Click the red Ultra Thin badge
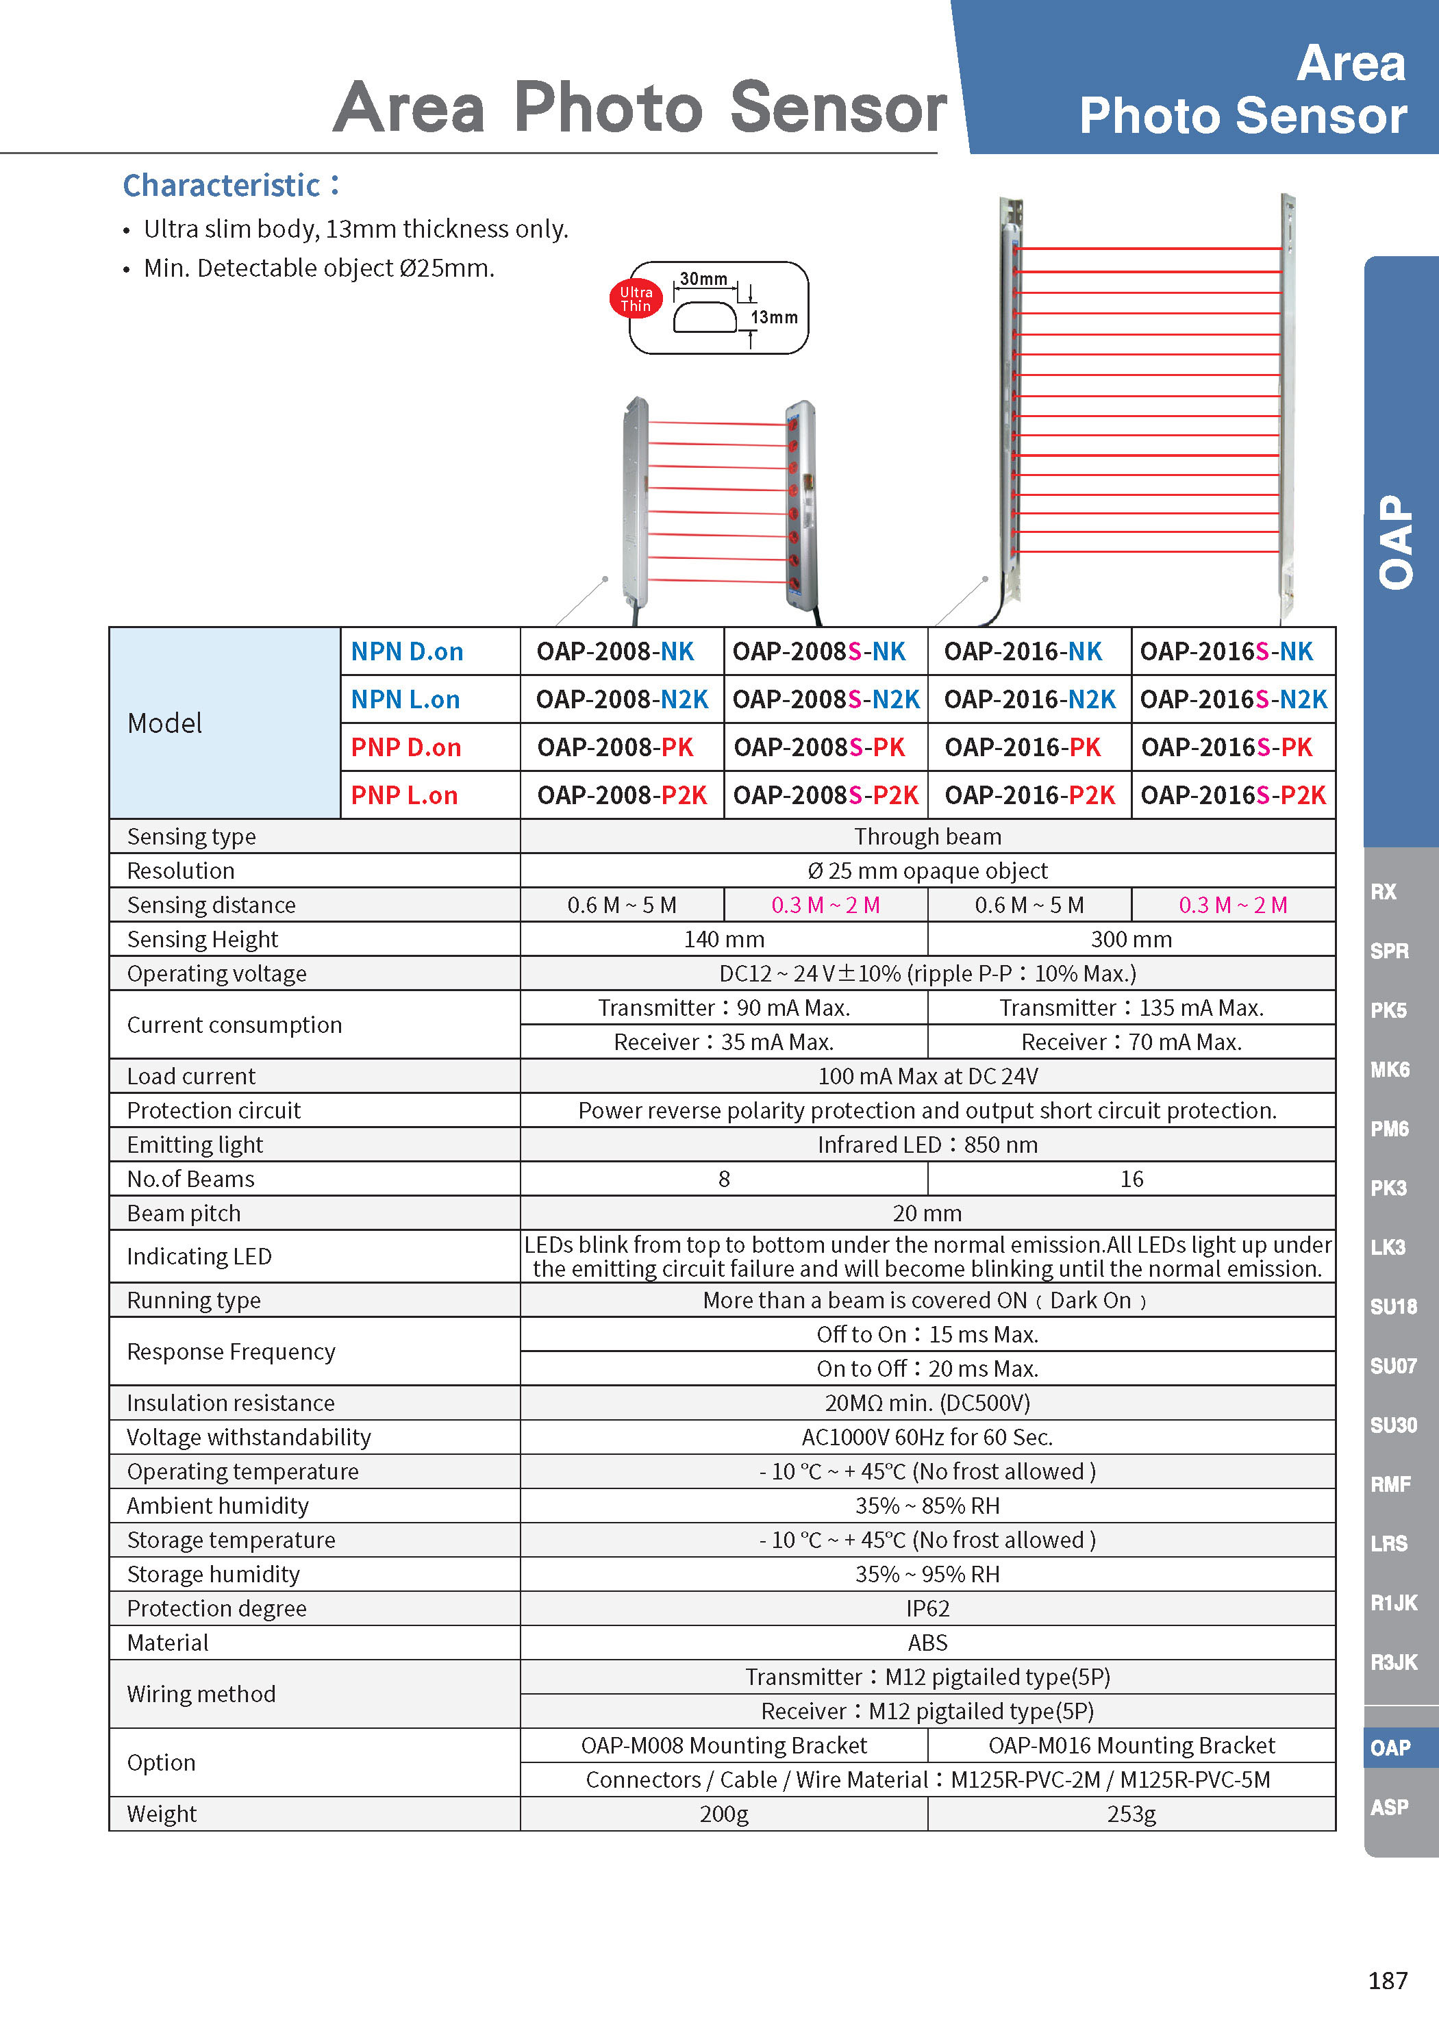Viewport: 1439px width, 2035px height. point(636,299)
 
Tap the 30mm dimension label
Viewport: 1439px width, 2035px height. point(703,279)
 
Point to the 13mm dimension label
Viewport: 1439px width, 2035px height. point(773,317)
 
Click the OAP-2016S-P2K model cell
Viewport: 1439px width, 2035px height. point(1233,795)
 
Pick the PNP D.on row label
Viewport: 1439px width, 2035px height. point(406,747)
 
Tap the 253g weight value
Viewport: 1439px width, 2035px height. point(1131,1814)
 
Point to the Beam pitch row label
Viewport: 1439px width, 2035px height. point(184,1212)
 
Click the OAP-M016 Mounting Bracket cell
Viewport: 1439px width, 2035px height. point(1131,1745)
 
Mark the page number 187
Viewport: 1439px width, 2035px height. point(1387,1980)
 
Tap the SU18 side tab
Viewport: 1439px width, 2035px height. point(1393,1306)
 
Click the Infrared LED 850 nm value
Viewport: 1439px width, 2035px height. point(927,1145)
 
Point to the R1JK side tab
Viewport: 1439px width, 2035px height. point(1393,1603)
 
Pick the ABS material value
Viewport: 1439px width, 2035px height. point(927,1643)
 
